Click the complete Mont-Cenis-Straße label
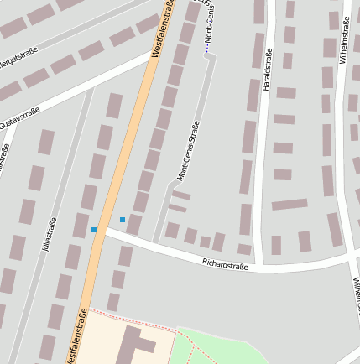pyautogui.click(x=187, y=150)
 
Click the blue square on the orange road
pyautogui.click(x=94, y=230)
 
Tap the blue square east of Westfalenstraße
pyautogui.click(x=123, y=220)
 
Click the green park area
pyautogui.click(x=227, y=348)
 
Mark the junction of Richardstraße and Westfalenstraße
pyautogui.click(x=100, y=230)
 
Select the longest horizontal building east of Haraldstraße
pyautogui.click(x=290, y=204)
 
